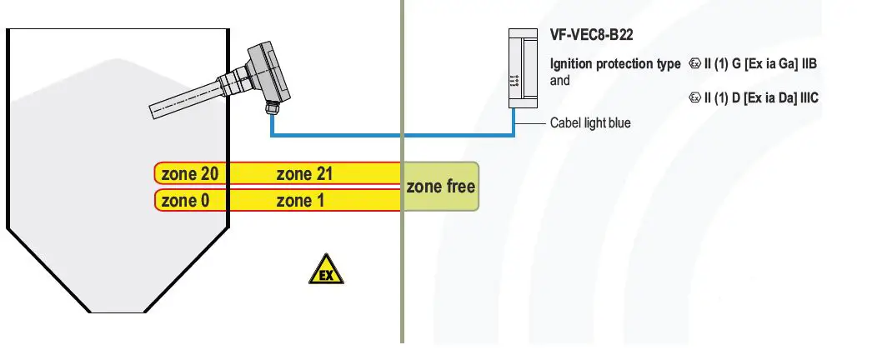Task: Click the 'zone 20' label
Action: click(x=190, y=174)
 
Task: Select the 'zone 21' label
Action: click(x=305, y=174)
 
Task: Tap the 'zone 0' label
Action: click(x=184, y=200)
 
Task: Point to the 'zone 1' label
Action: click(x=299, y=200)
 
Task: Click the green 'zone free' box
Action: click(x=441, y=187)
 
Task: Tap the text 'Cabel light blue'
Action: click(x=590, y=123)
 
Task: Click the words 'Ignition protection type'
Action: click(x=615, y=64)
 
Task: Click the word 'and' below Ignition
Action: click(x=560, y=81)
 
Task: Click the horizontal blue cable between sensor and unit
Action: click(x=392, y=135)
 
